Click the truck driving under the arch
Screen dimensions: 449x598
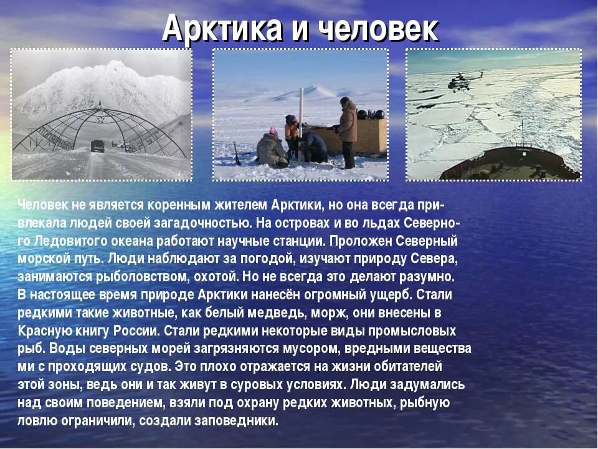[98, 146]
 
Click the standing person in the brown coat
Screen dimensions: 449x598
[346, 132]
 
